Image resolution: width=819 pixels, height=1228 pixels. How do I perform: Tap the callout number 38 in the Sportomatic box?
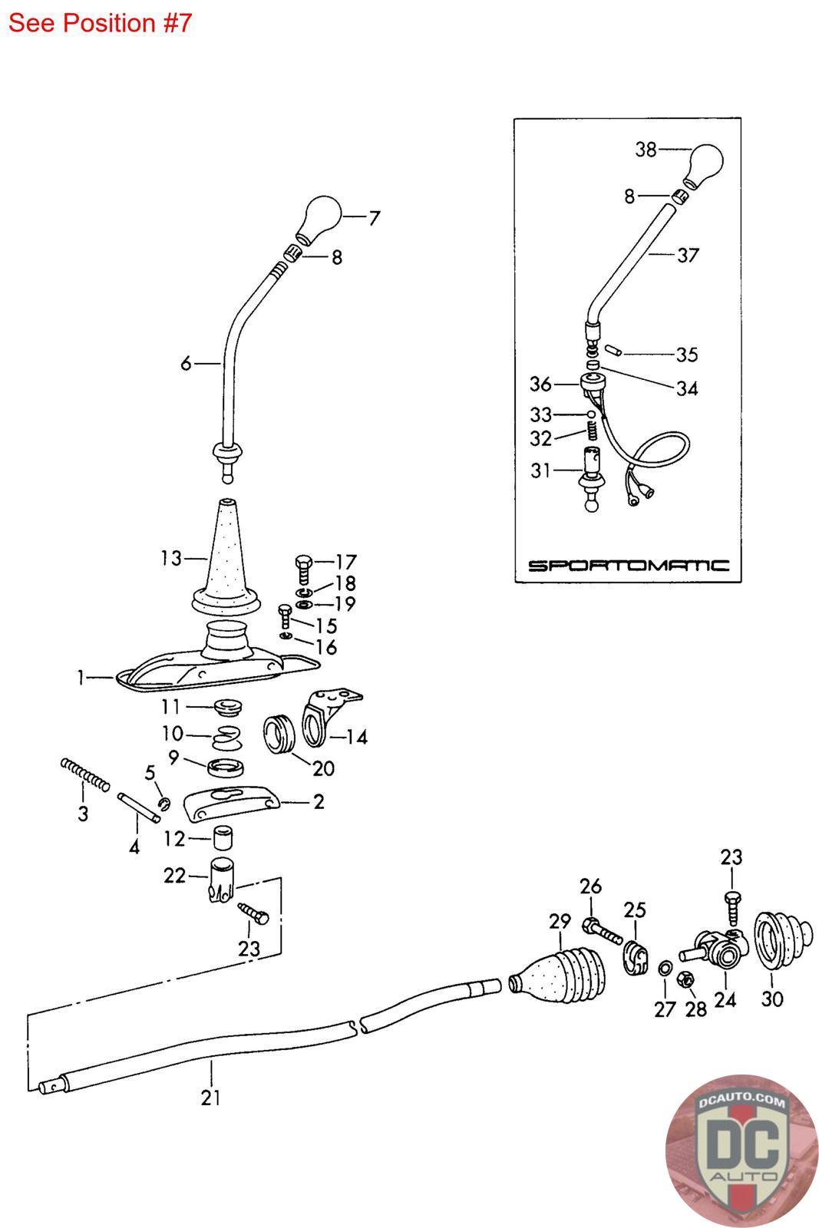point(646,149)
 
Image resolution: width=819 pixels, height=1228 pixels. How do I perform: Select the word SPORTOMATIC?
point(628,565)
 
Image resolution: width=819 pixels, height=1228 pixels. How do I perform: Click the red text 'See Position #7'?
point(100,23)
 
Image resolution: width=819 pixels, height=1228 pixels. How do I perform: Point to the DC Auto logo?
point(741,1150)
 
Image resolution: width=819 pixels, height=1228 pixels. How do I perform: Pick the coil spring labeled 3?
point(84,774)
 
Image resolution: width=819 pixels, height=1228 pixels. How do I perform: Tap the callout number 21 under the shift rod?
point(210,1098)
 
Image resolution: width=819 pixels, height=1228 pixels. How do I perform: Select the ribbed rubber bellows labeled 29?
point(557,974)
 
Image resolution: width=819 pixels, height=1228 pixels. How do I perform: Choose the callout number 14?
point(357,736)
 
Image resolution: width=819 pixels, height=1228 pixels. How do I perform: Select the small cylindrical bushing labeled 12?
point(223,837)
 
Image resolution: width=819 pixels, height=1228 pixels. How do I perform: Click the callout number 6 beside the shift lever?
point(187,363)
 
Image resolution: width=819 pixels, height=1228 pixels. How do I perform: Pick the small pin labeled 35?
point(613,350)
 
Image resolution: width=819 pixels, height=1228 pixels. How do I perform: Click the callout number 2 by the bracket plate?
point(319,801)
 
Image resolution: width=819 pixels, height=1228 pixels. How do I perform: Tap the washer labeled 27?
point(665,969)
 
